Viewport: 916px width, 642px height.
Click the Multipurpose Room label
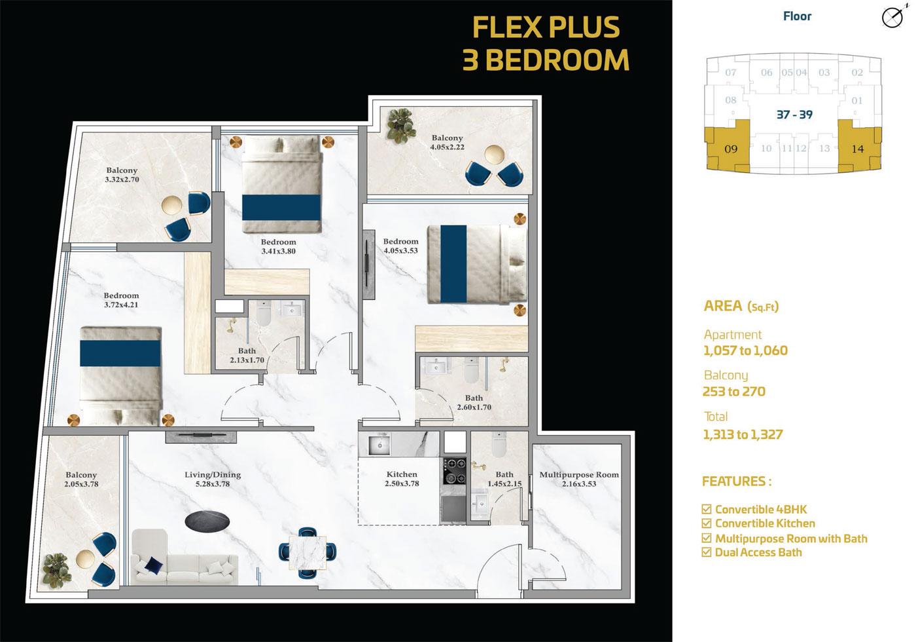[578, 474]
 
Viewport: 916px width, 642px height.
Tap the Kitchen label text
[402, 474]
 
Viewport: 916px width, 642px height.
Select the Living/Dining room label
[213, 474]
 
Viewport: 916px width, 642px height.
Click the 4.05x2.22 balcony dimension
[447, 147]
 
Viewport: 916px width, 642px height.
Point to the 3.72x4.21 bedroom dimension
[121, 305]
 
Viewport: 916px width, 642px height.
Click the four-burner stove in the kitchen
[454, 471]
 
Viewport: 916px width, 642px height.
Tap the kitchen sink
[379, 445]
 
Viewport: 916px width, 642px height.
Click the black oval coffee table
[207, 521]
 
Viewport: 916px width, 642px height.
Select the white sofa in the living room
[185, 557]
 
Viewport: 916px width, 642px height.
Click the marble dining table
[307, 553]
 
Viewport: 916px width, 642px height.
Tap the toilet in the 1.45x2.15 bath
[500, 444]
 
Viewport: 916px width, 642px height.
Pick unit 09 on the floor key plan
[728, 146]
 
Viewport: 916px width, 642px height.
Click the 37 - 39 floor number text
[794, 115]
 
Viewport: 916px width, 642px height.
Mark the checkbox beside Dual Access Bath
[706, 552]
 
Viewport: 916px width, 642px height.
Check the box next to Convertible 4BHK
[706, 509]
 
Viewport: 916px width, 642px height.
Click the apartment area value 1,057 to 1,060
[745, 350]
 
